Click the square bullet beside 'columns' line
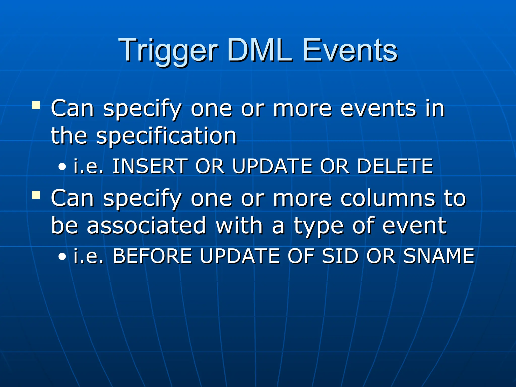(x=36, y=195)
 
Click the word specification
(x=166, y=136)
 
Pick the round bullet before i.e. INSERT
(x=62, y=167)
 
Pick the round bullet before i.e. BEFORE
(x=62, y=256)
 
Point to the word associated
(x=146, y=225)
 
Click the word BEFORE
(x=152, y=256)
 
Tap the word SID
(x=340, y=256)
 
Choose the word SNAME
(x=439, y=256)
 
